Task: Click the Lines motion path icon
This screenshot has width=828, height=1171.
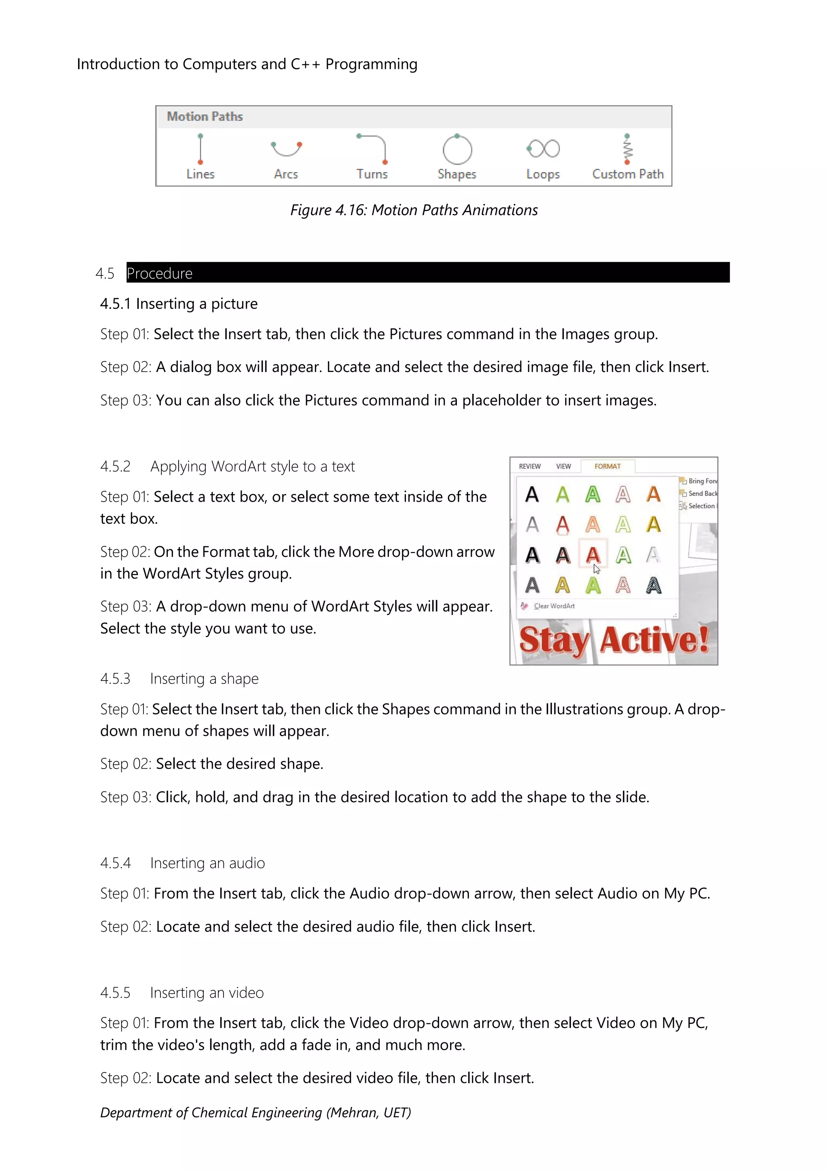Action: [201, 149]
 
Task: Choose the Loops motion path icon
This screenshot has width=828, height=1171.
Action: [543, 149]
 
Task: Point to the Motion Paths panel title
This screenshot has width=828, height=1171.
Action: [205, 117]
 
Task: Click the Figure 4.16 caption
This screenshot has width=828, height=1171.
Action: [414, 210]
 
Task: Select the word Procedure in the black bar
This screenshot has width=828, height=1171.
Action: [160, 274]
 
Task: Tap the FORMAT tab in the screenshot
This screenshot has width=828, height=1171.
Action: [607, 466]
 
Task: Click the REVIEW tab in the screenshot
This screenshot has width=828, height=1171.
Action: [530, 466]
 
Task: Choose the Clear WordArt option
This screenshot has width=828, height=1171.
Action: [554, 606]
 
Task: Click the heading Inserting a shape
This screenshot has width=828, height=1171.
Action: [205, 679]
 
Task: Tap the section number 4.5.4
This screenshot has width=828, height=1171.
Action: [115, 863]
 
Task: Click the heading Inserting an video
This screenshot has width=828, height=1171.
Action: [207, 993]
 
